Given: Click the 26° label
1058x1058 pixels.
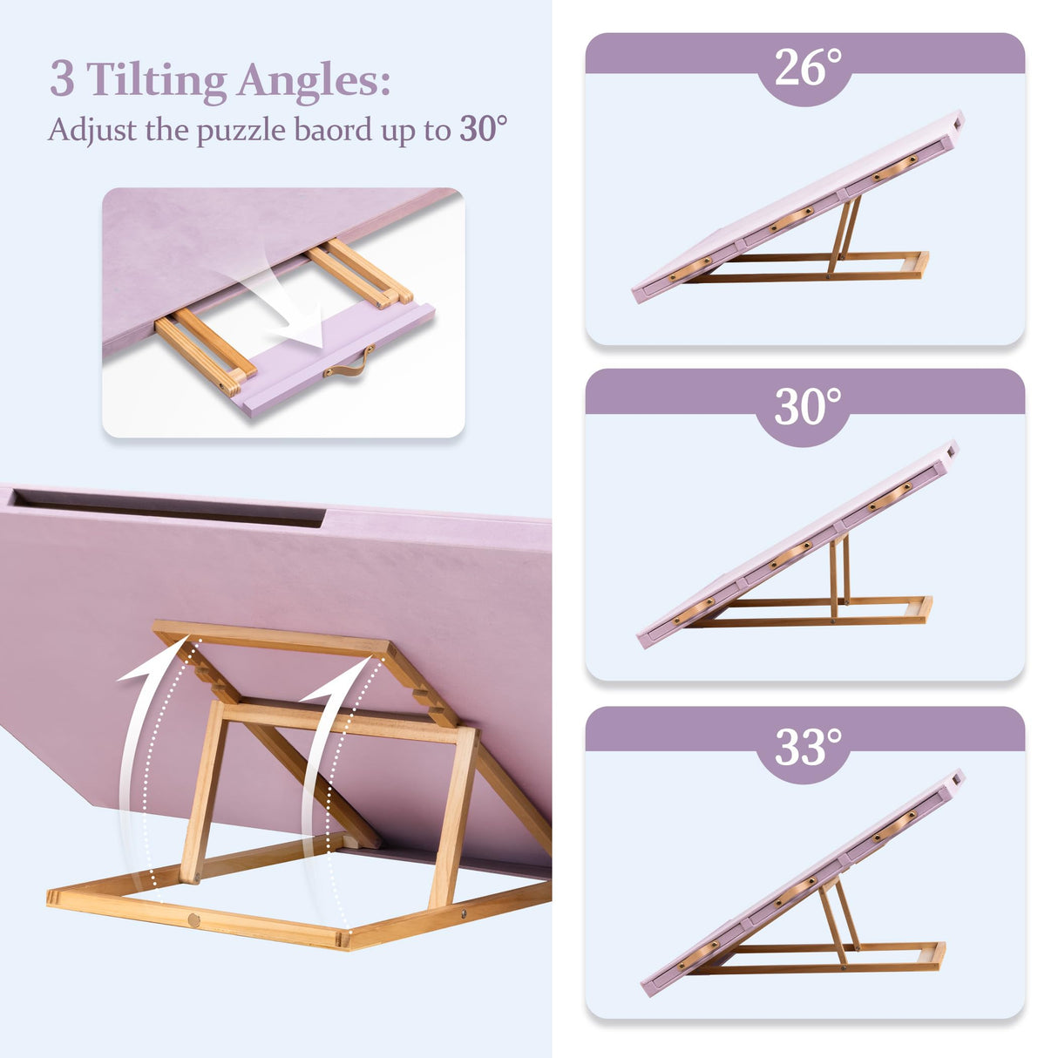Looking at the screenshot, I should coord(807,67).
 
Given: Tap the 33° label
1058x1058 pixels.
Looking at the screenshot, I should coord(807,746).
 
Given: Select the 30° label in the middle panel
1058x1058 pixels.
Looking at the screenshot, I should coord(807,406).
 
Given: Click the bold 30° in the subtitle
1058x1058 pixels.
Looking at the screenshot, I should coord(483,129).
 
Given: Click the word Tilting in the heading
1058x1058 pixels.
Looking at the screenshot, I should coord(157,80).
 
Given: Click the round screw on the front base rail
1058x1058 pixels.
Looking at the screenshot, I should coord(193,919).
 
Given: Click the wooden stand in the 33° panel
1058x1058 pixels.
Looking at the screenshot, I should coord(841,937).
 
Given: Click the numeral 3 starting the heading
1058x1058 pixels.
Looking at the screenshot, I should coord(62,80).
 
